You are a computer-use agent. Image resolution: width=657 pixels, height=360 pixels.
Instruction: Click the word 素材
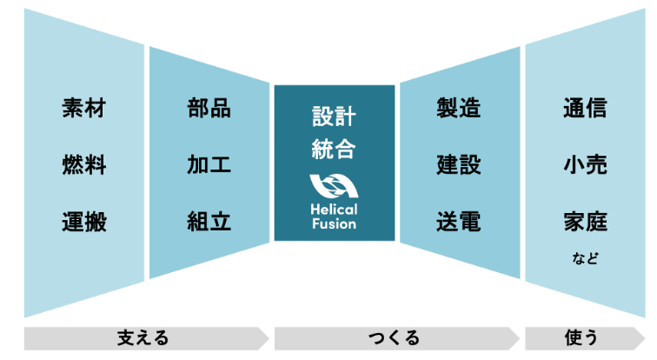(x=84, y=109)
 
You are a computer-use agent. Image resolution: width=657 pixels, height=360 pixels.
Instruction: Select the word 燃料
(x=84, y=164)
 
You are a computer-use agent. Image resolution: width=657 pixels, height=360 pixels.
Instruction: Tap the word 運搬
(x=84, y=221)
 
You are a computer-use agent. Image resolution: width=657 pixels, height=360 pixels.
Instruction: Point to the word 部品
(x=209, y=109)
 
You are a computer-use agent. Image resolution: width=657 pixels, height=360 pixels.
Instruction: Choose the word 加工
(x=209, y=164)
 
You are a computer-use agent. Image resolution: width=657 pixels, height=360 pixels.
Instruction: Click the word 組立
(x=209, y=221)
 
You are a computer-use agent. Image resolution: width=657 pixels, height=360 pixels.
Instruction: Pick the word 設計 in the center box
(x=335, y=117)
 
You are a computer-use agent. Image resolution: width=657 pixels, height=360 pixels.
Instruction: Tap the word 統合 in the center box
(x=335, y=149)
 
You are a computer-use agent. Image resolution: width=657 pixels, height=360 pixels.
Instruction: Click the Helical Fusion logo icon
(x=335, y=187)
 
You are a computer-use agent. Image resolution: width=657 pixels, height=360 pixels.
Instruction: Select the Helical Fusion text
(x=335, y=217)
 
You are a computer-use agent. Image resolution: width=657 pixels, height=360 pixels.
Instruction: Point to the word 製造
(x=459, y=109)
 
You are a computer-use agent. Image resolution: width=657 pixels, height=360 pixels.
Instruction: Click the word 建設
(x=459, y=164)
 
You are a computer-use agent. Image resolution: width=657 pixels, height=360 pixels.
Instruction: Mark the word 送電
(x=459, y=221)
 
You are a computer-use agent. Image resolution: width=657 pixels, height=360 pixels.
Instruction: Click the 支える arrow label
(x=143, y=338)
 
